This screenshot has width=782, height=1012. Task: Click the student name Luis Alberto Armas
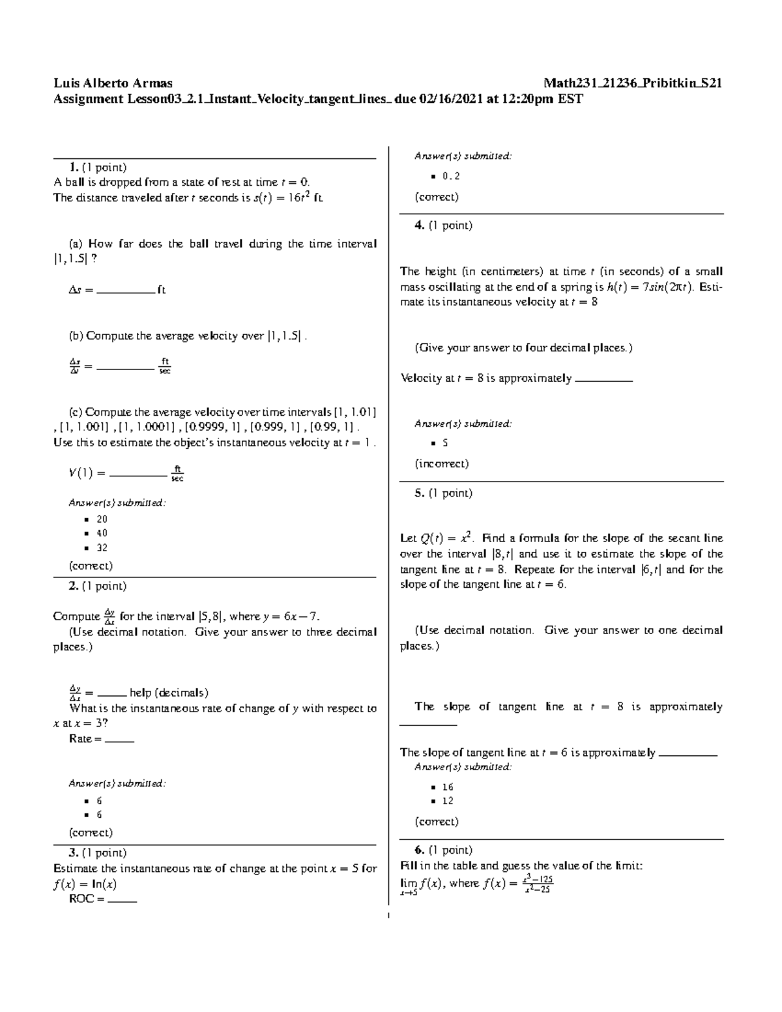113,83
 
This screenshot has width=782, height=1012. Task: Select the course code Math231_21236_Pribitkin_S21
633,83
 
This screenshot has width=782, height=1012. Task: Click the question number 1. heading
73,167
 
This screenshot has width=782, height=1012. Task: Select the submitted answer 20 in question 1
102,519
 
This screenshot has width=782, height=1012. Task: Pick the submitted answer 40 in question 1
102,534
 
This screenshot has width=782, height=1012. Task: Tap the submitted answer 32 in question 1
102,548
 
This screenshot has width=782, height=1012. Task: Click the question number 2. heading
73,586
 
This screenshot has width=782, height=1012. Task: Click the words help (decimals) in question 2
169,693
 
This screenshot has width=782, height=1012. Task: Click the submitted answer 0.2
451,176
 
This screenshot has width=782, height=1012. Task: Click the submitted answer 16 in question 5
448,787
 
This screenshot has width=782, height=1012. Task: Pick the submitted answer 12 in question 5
448,801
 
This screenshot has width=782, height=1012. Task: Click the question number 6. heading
420,850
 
